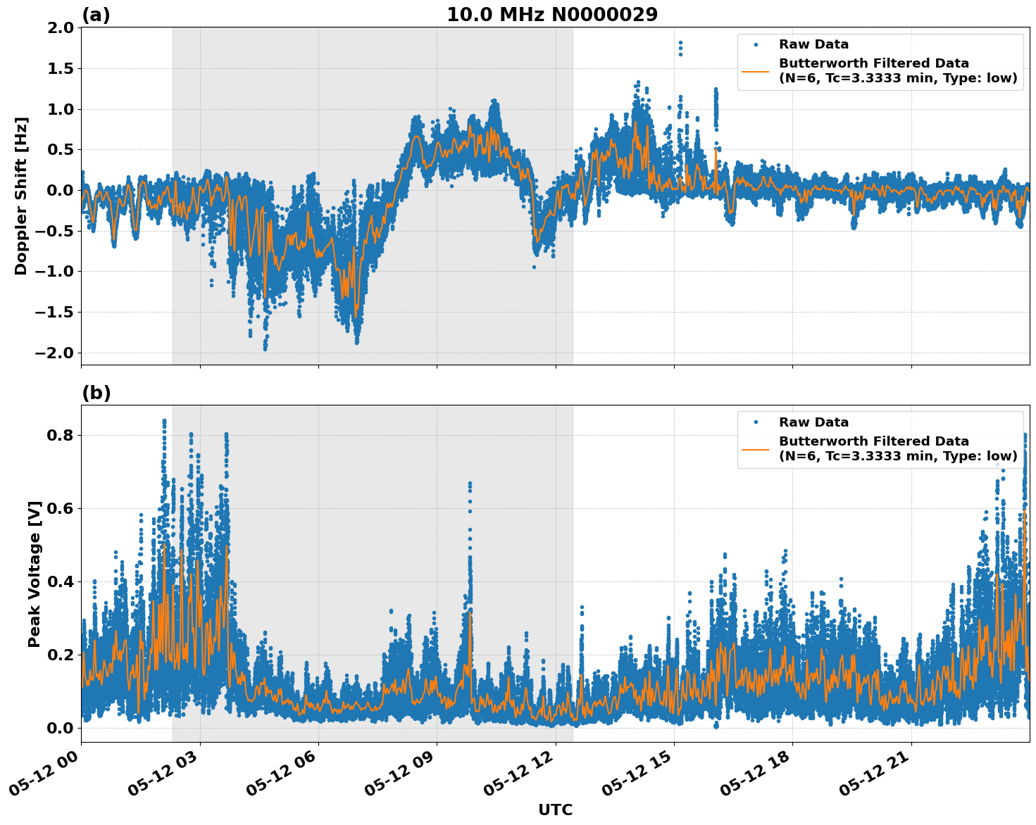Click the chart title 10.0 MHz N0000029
pyautogui.click(x=552, y=15)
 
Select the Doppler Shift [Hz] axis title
pyautogui.click(x=21, y=196)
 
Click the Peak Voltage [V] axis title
pyautogui.click(x=35, y=574)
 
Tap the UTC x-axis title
pyautogui.click(x=555, y=810)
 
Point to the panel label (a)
pyautogui.click(x=96, y=15)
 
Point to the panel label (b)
pyautogui.click(x=96, y=393)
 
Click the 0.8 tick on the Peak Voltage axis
pyautogui.click(x=61, y=435)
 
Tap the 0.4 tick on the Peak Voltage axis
pyautogui.click(x=61, y=581)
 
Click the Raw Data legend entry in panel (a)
pyautogui.click(x=813, y=44)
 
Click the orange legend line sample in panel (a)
pyautogui.click(x=756, y=70)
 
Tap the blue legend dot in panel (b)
pyautogui.click(x=756, y=422)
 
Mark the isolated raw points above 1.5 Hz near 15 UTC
pyautogui.click(x=680, y=48)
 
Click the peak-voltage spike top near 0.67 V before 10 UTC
pyautogui.click(x=470, y=484)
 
